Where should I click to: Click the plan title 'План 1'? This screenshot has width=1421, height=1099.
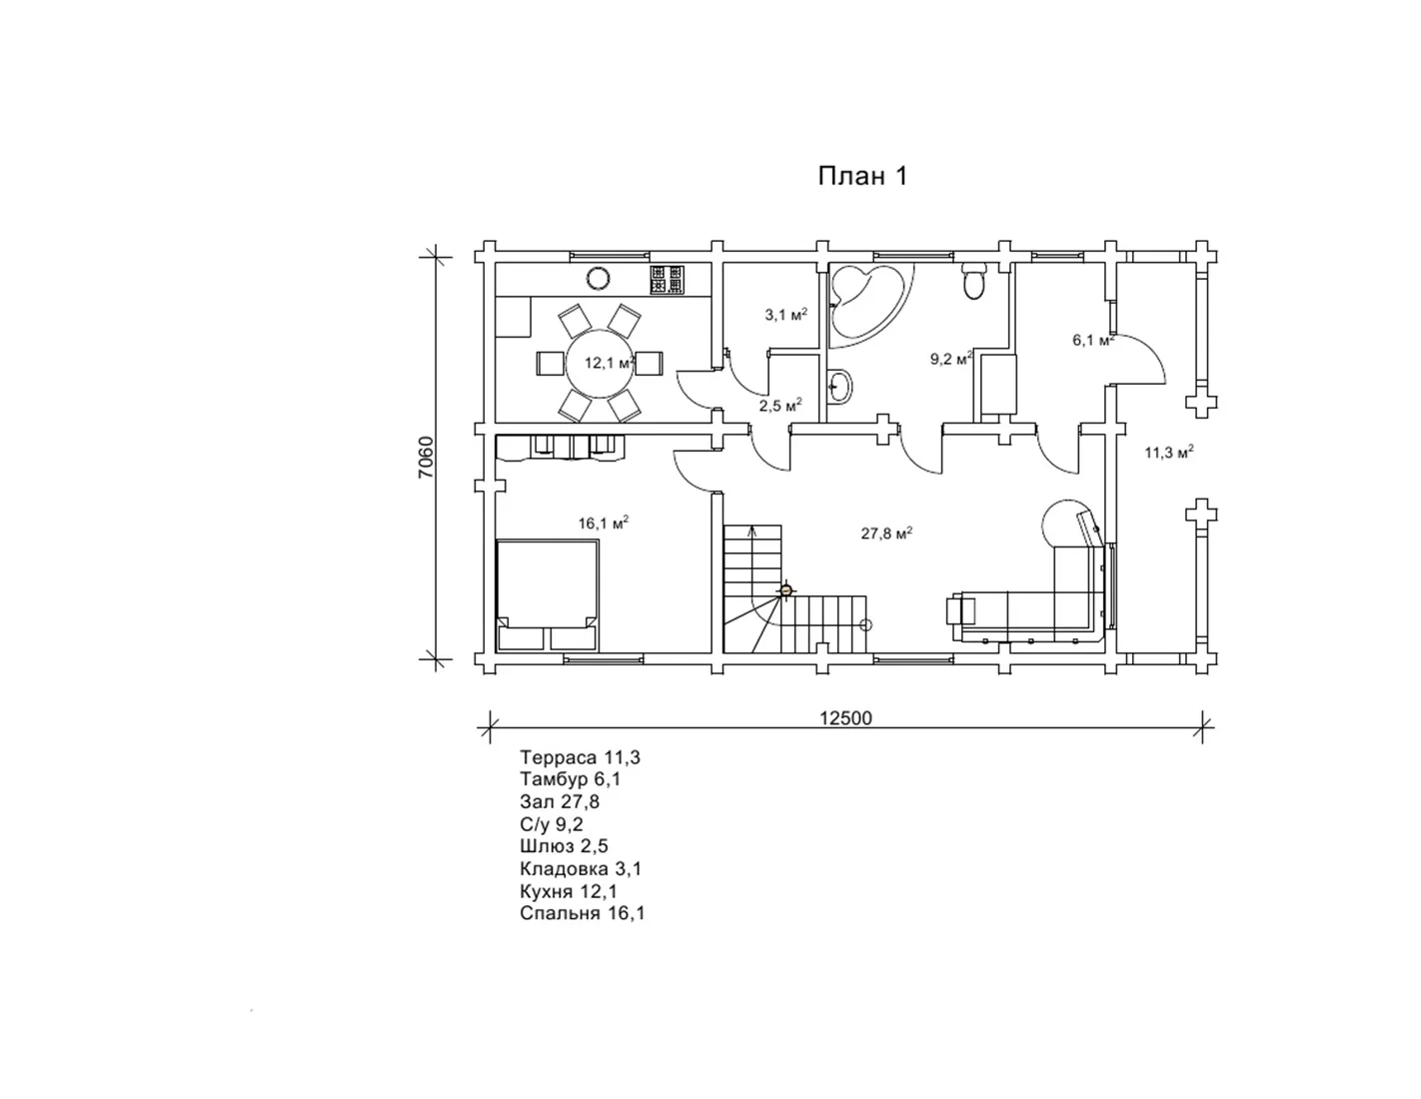click(862, 176)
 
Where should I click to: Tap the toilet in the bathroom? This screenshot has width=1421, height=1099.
click(973, 281)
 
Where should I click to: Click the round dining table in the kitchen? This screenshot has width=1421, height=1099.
click(600, 363)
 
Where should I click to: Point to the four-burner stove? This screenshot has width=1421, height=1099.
click(667, 280)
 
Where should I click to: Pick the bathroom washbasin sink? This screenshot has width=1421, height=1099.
click(840, 387)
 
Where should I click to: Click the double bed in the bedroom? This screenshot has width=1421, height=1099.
click(548, 594)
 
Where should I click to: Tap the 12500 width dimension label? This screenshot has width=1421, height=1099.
click(845, 718)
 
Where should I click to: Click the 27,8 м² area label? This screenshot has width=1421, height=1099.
click(886, 534)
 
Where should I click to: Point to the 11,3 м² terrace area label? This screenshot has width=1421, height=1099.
click(1169, 452)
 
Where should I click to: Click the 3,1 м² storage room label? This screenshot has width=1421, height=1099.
click(786, 315)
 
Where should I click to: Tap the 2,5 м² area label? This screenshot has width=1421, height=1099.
click(780, 406)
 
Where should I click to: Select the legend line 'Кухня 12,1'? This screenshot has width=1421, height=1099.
click(569, 891)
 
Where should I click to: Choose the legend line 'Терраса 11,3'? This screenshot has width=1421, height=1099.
click(580, 757)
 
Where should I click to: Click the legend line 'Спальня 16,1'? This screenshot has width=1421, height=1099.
click(582, 913)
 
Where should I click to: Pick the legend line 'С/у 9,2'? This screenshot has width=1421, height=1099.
click(552, 824)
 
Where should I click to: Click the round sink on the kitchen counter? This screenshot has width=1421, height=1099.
click(598, 279)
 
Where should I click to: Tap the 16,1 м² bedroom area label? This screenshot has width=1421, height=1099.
click(603, 523)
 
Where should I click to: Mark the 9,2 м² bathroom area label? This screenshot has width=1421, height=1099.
click(951, 359)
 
